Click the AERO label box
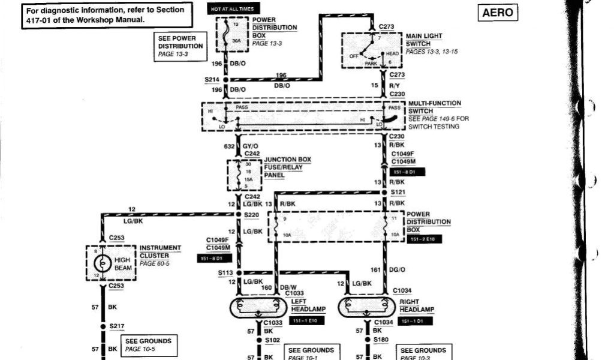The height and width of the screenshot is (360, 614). [x=498, y=13]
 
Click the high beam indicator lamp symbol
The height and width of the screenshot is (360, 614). [x=103, y=263]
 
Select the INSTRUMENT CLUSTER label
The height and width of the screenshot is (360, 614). [x=160, y=251]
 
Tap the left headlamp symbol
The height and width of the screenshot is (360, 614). [x=258, y=307]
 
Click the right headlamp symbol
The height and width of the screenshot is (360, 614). [x=366, y=307]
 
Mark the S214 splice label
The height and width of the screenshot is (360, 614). [x=212, y=79]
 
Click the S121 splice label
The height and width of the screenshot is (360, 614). [x=398, y=192]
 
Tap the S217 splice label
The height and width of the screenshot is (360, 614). [x=116, y=326]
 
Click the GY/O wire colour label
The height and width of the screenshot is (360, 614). [x=251, y=146]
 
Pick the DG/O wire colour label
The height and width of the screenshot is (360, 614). [x=397, y=270]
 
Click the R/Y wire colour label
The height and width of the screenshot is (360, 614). [x=394, y=85]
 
